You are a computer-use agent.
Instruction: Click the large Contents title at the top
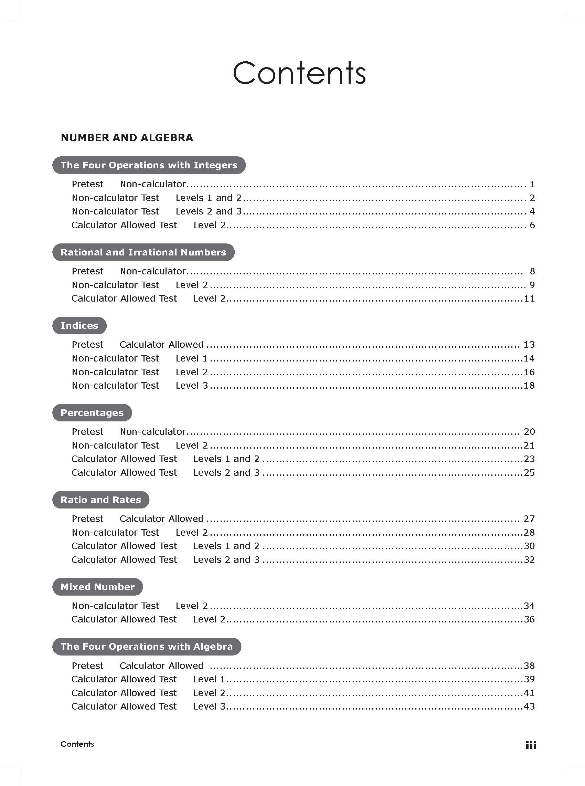pyautogui.click(x=299, y=73)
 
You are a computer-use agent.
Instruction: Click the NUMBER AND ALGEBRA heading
pyautogui.click(x=127, y=137)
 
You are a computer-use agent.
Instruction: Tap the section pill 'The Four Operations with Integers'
pyautogui.click(x=149, y=165)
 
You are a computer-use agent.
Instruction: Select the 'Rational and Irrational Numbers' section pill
pyautogui.click(x=143, y=252)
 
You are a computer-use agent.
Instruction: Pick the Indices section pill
pyautogui.click(x=79, y=326)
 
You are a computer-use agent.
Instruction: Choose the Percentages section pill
pyautogui.click(x=92, y=413)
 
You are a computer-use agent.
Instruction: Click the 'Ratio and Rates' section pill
pyautogui.click(x=100, y=500)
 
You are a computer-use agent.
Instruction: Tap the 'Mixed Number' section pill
pyautogui.click(x=97, y=587)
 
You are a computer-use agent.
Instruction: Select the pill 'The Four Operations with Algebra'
pyautogui.click(x=147, y=647)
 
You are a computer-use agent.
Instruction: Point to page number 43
pyautogui.click(x=529, y=706)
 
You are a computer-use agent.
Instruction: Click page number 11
pyautogui.click(x=529, y=298)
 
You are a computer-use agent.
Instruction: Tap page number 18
pyautogui.click(x=529, y=385)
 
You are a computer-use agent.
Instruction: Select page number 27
pyautogui.click(x=529, y=519)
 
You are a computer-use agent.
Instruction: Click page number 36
pyautogui.click(x=529, y=619)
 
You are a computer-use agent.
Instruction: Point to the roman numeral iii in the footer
pyautogui.click(x=531, y=746)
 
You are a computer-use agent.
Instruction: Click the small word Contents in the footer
pyautogui.click(x=77, y=744)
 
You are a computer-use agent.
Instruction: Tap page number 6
pyautogui.click(x=532, y=225)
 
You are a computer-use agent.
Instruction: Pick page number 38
pyautogui.click(x=529, y=666)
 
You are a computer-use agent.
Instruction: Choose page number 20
pyautogui.click(x=529, y=432)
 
